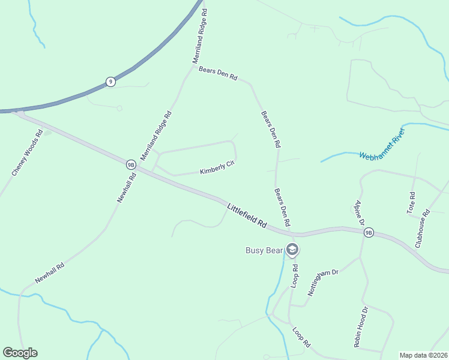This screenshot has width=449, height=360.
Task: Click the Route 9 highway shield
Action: pos(110,82)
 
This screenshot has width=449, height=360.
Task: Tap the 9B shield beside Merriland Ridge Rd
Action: pos(131,164)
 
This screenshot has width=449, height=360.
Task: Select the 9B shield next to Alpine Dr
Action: pos(369,233)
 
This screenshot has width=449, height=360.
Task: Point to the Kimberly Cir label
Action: pos(217,168)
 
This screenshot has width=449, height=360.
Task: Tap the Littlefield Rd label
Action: pos(247,215)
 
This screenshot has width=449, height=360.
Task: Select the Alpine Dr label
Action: pos(360,213)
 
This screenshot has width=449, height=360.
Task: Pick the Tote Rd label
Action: pos(411,203)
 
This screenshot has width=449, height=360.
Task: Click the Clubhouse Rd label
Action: pos(423,229)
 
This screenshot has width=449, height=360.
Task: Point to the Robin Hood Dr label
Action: pos(360,327)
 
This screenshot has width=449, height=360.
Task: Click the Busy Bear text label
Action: pos(264,250)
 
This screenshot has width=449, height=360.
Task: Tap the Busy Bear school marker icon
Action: pos(292,249)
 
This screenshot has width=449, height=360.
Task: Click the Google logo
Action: pos(20,353)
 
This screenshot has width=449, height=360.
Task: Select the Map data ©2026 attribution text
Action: pos(423,355)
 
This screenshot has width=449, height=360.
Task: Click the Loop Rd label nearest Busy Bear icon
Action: pos(295,274)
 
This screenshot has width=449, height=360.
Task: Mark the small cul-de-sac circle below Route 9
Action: pos(119,109)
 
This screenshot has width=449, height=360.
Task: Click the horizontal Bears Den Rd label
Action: pos(218,74)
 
